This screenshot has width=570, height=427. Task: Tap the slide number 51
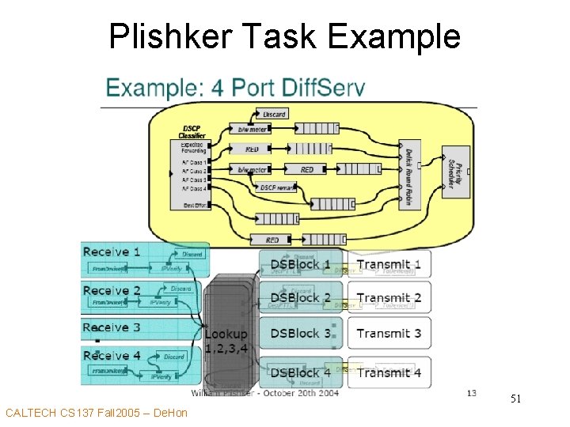click(515, 400)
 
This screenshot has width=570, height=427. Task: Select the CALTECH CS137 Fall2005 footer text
click(96, 413)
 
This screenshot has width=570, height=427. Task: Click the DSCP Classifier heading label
click(193, 132)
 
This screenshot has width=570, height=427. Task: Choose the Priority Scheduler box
click(452, 173)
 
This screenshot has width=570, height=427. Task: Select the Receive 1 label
click(112, 251)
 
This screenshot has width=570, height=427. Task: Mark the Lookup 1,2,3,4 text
click(226, 341)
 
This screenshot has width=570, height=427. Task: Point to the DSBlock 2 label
click(301, 298)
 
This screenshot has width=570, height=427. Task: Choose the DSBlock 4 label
click(301, 372)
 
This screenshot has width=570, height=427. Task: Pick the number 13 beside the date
click(471, 392)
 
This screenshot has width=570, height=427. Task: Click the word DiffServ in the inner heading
click(324, 87)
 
